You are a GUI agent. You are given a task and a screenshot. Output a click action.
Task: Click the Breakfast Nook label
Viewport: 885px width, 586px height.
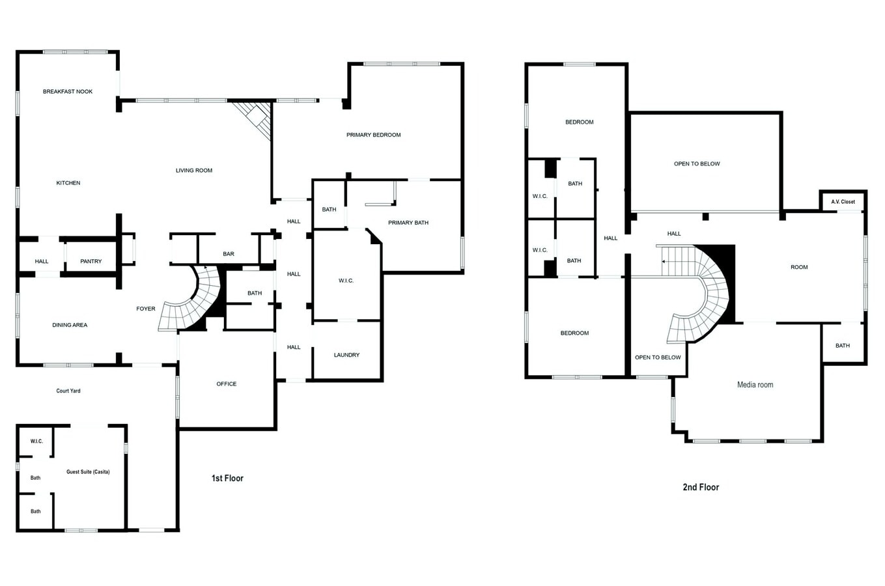click(x=68, y=92)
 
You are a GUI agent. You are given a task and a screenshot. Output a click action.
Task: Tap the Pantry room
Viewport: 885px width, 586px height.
click(x=91, y=262)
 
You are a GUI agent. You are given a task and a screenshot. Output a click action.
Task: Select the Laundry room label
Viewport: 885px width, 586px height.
click(x=346, y=356)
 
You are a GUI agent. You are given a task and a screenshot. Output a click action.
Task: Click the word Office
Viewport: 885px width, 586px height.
click(x=227, y=384)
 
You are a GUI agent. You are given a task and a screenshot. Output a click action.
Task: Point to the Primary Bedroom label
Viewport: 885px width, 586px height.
click(x=373, y=135)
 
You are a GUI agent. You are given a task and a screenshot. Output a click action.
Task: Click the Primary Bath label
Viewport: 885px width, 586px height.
click(x=408, y=223)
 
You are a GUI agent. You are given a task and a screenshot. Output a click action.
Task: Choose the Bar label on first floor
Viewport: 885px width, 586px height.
click(x=229, y=255)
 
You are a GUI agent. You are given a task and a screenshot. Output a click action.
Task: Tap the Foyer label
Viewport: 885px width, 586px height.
click(x=146, y=309)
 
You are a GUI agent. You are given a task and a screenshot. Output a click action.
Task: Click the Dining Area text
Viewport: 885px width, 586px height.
click(x=70, y=326)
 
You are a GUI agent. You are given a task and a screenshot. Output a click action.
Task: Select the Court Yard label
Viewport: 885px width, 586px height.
click(x=68, y=391)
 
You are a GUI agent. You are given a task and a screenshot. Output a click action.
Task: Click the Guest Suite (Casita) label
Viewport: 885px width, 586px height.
click(x=88, y=472)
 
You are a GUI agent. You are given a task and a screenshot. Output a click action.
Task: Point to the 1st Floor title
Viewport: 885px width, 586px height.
click(x=227, y=479)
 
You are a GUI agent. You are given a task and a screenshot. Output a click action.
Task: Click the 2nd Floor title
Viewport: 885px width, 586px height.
click(x=701, y=487)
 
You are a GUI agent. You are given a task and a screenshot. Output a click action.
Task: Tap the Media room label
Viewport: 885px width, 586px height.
click(x=755, y=385)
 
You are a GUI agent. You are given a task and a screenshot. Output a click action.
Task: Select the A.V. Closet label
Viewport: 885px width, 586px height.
click(x=843, y=202)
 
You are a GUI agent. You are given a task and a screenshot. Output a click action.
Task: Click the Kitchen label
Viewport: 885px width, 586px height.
click(x=68, y=184)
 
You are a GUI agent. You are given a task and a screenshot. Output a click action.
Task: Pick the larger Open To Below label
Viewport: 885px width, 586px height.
click(x=697, y=164)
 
